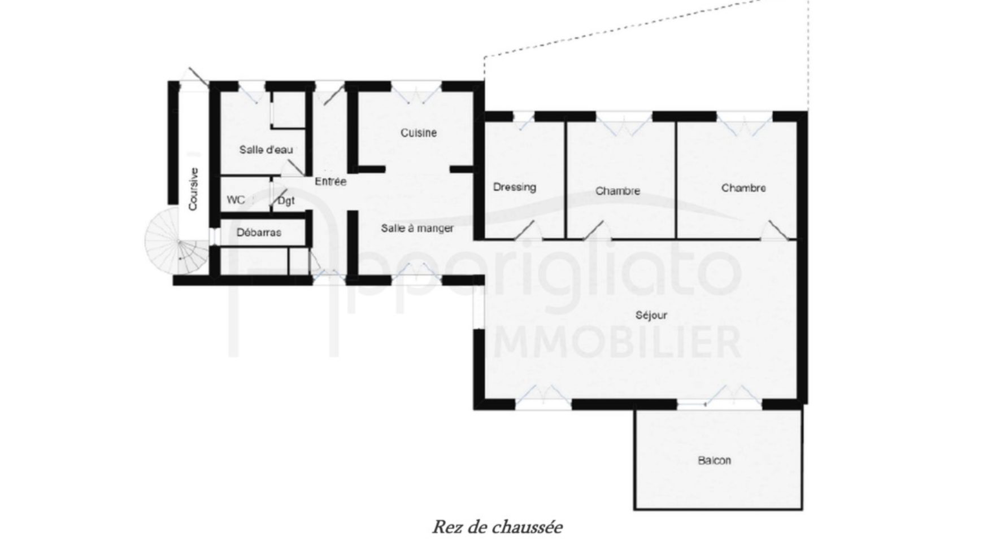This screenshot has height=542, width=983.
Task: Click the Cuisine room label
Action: pos(419,133)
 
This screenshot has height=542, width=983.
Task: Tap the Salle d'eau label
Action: pos(266,150)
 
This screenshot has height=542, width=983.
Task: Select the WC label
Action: pos(236,200)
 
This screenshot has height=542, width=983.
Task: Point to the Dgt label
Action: pos(286,201)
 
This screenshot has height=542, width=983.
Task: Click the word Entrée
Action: pos(330,182)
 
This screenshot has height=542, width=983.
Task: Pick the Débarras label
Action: pos(259,232)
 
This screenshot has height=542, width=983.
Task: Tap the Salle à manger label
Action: pos(417,228)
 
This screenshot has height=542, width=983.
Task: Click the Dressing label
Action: pos(515,187)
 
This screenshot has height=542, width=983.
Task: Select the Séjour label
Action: pos(651,315)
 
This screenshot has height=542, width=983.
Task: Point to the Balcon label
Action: pos(715,460)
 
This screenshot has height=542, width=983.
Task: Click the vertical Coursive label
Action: pos(193,189)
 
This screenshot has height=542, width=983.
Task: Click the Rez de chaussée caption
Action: pos(498,527)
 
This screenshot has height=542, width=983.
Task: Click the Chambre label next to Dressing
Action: pos(617,191)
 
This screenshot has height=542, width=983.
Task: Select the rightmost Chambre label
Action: pos(743,188)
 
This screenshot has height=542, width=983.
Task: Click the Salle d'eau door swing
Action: pos(294,167)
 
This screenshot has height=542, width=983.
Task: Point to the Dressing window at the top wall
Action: pos(524,121)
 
